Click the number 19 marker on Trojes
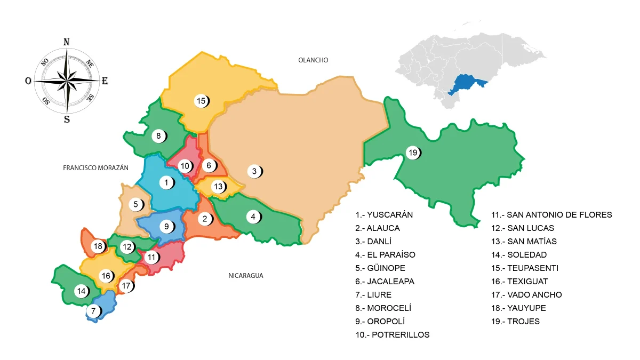pyautogui.click(x=412, y=153)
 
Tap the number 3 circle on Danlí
pyautogui.click(x=254, y=171)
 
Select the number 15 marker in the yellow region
pyautogui.click(x=201, y=100)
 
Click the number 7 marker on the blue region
pyautogui.click(x=93, y=311)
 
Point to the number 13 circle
pyautogui.click(x=218, y=187)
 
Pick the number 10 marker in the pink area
pyautogui.click(x=185, y=166)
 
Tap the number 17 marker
pyautogui.click(x=126, y=286)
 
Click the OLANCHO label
pyautogui.click(x=313, y=60)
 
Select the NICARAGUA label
pyautogui.click(x=246, y=276)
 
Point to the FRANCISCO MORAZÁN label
pyautogui.click(x=96, y=167)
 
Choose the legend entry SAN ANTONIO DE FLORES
pyautogui.click(x=551, y=215)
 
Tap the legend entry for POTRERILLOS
pyautogui.click(x=393, y=335)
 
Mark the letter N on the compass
pyautogui.click(x=67, y=42)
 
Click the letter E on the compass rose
pyautogui.click(x=105, y=81)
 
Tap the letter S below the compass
pyautogui.click(x=67, y=119)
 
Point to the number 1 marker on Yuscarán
pyautogui.click(x=166, y=183)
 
